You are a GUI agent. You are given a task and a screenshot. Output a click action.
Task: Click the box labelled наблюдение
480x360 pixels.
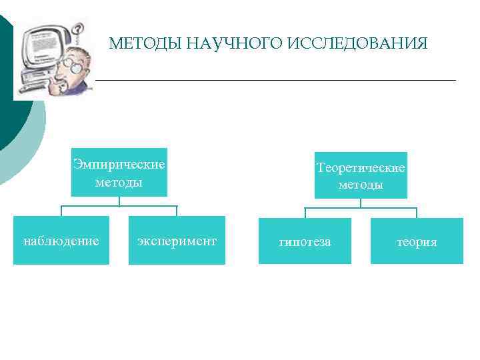pos(61,241)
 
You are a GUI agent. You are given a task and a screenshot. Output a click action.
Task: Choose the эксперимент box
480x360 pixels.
pos(177,241)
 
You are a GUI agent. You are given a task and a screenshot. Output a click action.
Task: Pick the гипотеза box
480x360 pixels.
pos(305,242)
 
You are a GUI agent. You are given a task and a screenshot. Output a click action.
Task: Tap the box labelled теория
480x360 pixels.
pos(417,242)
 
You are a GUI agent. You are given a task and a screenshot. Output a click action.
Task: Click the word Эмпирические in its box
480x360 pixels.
pos(119,165)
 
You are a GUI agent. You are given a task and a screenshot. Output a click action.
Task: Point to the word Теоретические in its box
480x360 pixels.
pos(361,168)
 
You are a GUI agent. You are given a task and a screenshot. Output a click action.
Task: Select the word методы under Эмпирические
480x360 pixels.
pos(119,182)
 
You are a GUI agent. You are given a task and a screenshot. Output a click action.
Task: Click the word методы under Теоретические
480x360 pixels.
pos(361,185)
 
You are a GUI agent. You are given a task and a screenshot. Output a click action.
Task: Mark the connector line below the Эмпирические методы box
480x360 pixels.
pos(119,206)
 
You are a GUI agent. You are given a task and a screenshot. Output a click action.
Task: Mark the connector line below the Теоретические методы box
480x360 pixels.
pos(361,208)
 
